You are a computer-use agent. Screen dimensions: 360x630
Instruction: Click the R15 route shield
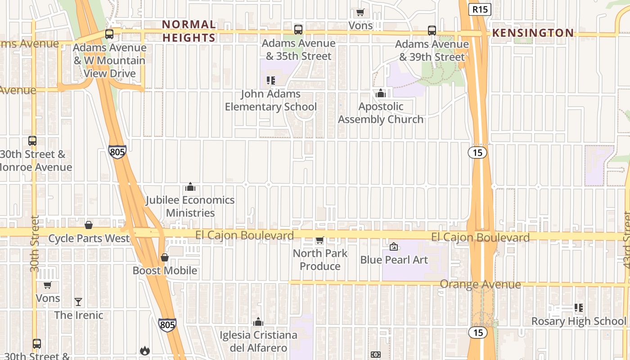(x=479, y=9)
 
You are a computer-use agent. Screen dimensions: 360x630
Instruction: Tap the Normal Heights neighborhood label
(x=189, y=31)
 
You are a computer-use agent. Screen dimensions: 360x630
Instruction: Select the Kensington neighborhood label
(x=533, y=33)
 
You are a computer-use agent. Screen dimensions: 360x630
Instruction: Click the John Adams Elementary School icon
(x=270, y=81)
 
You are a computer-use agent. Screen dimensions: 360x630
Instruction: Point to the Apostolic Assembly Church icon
(x=381, y=93)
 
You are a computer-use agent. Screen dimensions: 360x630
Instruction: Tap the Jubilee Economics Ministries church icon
(x=190, y=187)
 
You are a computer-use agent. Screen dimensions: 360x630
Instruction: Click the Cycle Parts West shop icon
(x=89, y=225)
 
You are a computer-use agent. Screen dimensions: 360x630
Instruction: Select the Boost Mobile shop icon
(x=165, y=257)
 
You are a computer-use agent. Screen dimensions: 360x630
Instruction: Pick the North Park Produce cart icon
(x=319, y=240)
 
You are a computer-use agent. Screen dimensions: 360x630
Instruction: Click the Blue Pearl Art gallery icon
(x=394, y=247)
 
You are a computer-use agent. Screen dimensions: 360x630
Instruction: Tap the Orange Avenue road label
(x=480, y=284)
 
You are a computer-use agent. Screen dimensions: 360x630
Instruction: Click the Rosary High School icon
(x=579, y=308)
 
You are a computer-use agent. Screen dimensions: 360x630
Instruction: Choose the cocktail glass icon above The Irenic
(x=78, y=301)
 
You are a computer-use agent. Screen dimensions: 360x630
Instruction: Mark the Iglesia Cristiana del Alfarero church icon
(x=258, y=322)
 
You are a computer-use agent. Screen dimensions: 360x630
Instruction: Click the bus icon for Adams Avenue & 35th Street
(x=298, y=30)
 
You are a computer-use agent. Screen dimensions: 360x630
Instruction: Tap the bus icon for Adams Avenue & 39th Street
(x=432, y=30)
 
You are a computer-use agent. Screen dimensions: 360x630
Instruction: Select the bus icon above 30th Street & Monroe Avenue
(x=32, y=140)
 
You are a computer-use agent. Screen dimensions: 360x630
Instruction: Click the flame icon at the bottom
(x=144, y=350)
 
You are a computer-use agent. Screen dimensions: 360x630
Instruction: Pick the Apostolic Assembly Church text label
(x=381, y=113)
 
